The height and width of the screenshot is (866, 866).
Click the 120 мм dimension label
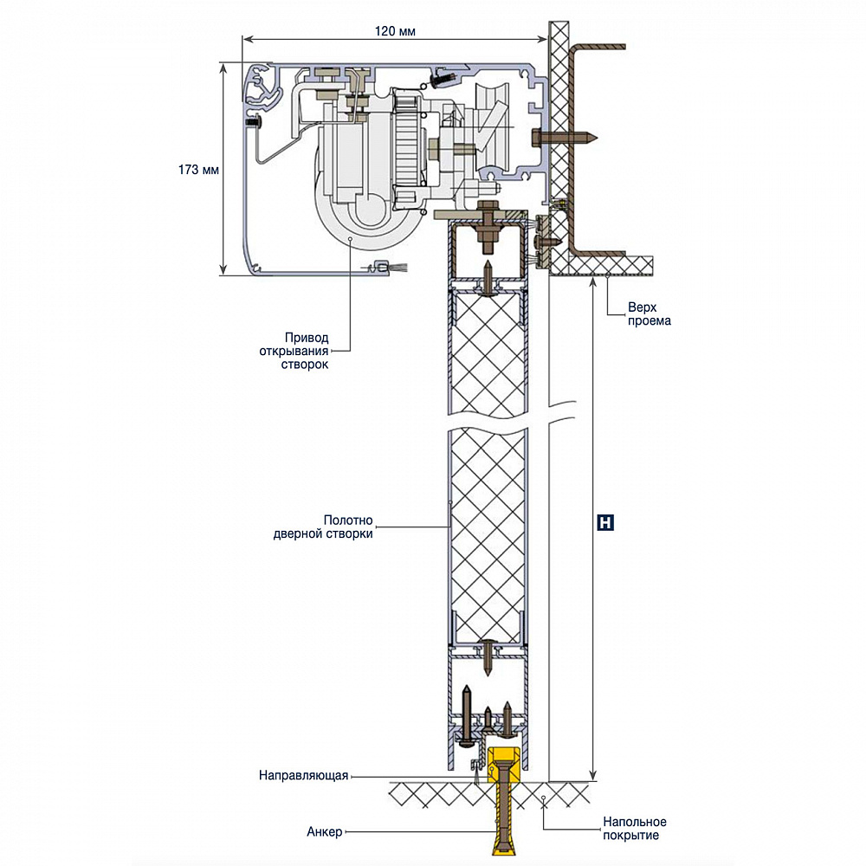pyautogui.click(x=396, y=30)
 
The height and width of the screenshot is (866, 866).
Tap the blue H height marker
pyautogui.click(x=606, y=523)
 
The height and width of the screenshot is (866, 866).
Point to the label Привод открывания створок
pyautogui.click(x=294, y=351)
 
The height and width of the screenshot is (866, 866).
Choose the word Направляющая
pyautogui.click(x=303, y=776)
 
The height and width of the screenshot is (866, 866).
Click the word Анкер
pyautogui.click(x=325, y=833)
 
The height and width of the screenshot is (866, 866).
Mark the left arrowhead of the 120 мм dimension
pyautogui.click(x=247, y=38)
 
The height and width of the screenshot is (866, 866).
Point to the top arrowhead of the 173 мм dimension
pyautogui.click(x=223, y=67)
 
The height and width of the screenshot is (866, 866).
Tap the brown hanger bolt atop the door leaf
pyautogui.click(x=487, y=220)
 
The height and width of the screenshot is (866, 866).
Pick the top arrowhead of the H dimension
pyautogui.click(x=593, y=282)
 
